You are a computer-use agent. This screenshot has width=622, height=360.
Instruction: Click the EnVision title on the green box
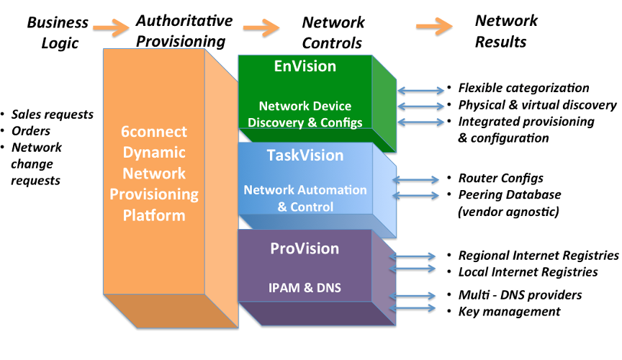point(305,66)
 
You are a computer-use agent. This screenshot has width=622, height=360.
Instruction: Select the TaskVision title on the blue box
point(305,156)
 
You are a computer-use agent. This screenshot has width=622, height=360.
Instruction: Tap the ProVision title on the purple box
point(305,248)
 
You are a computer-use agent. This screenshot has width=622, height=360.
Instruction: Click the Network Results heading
point(506,31)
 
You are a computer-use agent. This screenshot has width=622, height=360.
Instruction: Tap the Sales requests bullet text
point(53,114)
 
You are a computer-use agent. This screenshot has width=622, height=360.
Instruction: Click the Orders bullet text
point(31,131)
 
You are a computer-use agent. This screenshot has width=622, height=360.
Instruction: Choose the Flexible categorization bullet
point(523,89)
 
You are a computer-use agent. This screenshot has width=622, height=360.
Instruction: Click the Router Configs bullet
point(500,178)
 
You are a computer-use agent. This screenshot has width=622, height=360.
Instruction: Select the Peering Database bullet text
point(509,194)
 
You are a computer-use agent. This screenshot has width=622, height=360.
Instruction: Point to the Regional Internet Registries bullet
point(538,256)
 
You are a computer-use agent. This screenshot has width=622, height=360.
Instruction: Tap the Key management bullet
point(509,311)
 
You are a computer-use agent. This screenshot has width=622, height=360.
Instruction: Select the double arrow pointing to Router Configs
point(417,179)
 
